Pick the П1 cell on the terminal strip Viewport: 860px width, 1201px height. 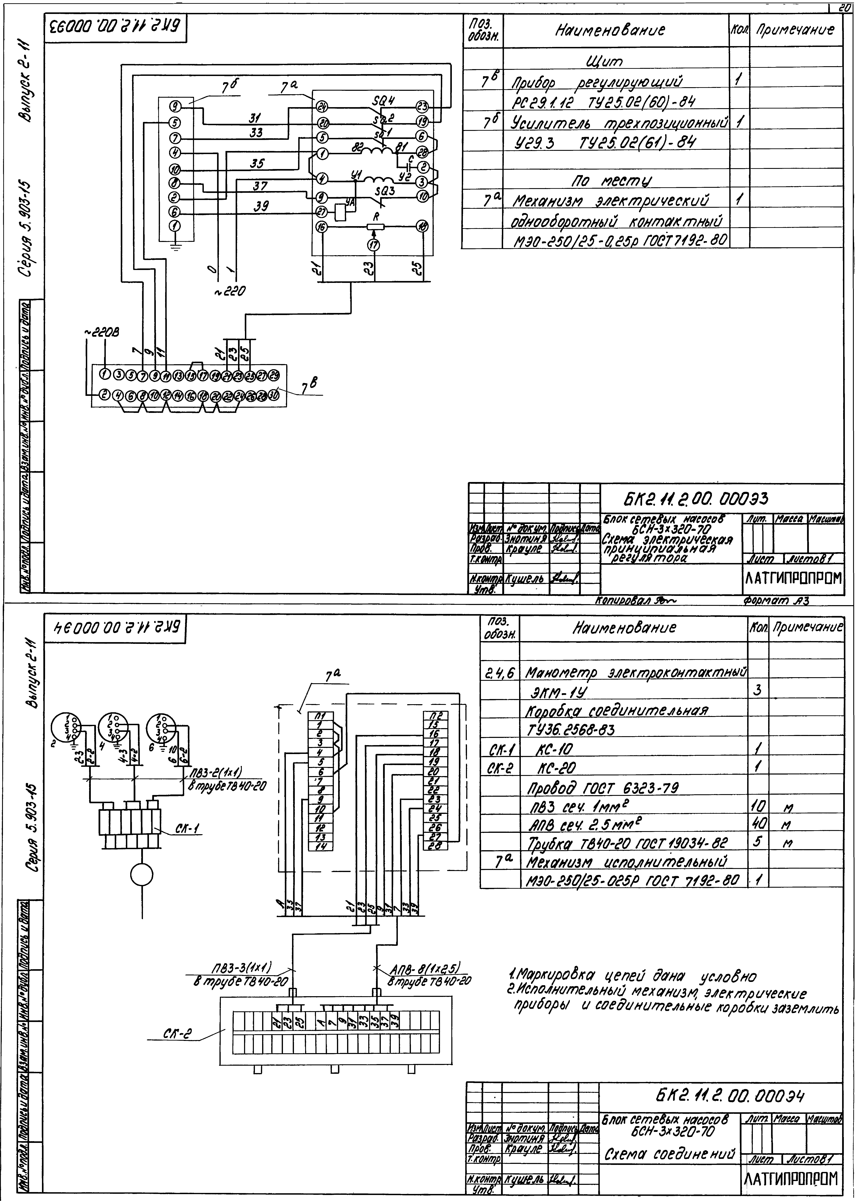(321, 716)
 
